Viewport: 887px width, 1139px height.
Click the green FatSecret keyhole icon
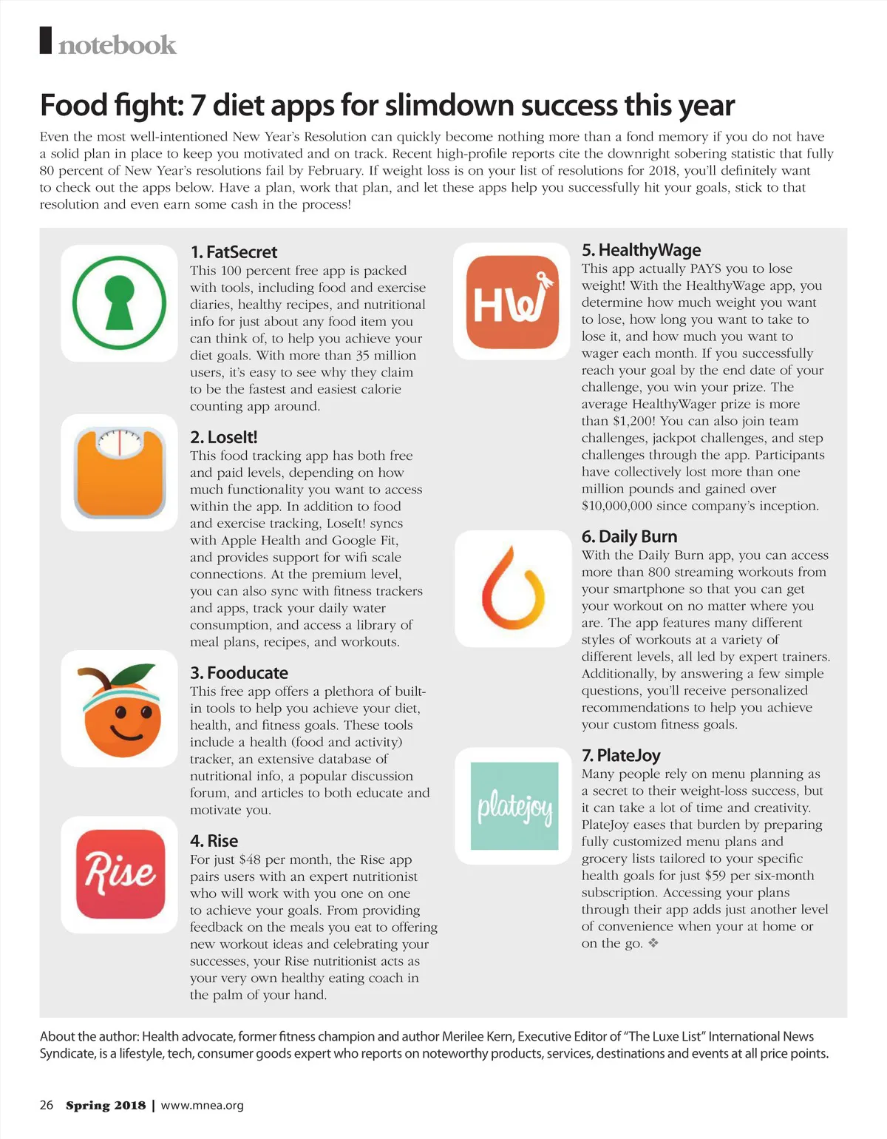(x=119, y=303)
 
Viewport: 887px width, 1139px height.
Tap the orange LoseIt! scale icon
(x=120, y=473)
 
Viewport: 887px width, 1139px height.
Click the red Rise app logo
(x=120, y=873)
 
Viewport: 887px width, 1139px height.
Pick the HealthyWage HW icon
(x=512, y=301)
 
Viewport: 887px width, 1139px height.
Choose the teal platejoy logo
(x=514, y=805)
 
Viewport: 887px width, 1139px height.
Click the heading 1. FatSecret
(x=234, y=251)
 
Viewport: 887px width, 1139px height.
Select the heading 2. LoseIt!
(x=223, y=436)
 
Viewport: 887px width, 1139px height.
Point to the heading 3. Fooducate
(x=239, y=672)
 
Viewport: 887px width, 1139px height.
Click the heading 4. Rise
(x=214, y=840)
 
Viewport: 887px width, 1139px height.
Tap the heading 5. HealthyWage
(x=641, y=249)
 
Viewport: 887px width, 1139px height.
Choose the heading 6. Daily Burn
(x=629, y=536)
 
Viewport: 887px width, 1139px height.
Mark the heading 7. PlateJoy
(x=621, y=755)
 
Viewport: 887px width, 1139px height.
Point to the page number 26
(x=47, y=1105)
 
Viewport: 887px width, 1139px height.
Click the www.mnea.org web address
(x=202, y=1105)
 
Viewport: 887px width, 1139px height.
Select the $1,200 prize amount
(x=633, y=421)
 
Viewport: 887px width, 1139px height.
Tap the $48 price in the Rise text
(x=250, y=859)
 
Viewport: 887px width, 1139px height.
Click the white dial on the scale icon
(x=120, y=442)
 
